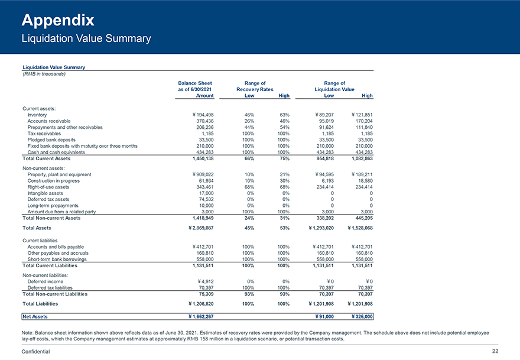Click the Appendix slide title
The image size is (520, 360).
click(x=58, y=21)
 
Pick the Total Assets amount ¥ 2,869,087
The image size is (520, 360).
click(x=196, y=228)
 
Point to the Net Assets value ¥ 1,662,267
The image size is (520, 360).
click(x=196, y=317)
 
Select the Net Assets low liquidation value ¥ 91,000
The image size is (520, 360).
click(x=321, y=317)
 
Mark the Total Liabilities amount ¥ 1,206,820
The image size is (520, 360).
click(x=196, y=304)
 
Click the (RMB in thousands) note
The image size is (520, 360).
click(x=43, y=73)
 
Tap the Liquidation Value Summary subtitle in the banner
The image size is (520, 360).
click(x=86, y=39)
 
